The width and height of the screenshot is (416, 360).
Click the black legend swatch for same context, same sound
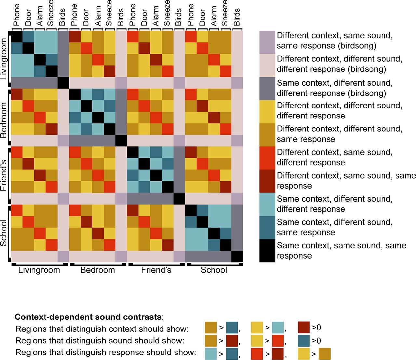(x=267, y=251)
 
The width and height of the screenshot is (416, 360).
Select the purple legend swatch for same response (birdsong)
(x=267, y=41)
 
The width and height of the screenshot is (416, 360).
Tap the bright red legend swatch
(x=267, y=157)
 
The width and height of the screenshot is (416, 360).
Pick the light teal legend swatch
(x=267, y=204)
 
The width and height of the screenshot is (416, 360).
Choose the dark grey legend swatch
(x=267, y=88)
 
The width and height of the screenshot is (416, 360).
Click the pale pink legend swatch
(x=267, y=64)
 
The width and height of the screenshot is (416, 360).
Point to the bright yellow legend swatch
(x=267, y=111)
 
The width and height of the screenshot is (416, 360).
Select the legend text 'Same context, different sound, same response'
(x=334, y=227)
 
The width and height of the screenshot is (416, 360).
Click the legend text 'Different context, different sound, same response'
(x=339, y=134)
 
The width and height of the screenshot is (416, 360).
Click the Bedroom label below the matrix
(x=97, y=270)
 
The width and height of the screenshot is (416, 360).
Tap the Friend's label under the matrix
(x=156, y=270)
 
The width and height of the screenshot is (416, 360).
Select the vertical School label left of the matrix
(x=4, y=233)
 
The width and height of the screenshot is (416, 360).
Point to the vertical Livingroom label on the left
(x=4, y=58)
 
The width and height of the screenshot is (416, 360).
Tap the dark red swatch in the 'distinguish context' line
(x=304, y=328)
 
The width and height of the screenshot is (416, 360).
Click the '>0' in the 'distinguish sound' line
(x=316, y=341)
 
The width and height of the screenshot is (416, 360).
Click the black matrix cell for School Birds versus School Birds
(x=237, y=256)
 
